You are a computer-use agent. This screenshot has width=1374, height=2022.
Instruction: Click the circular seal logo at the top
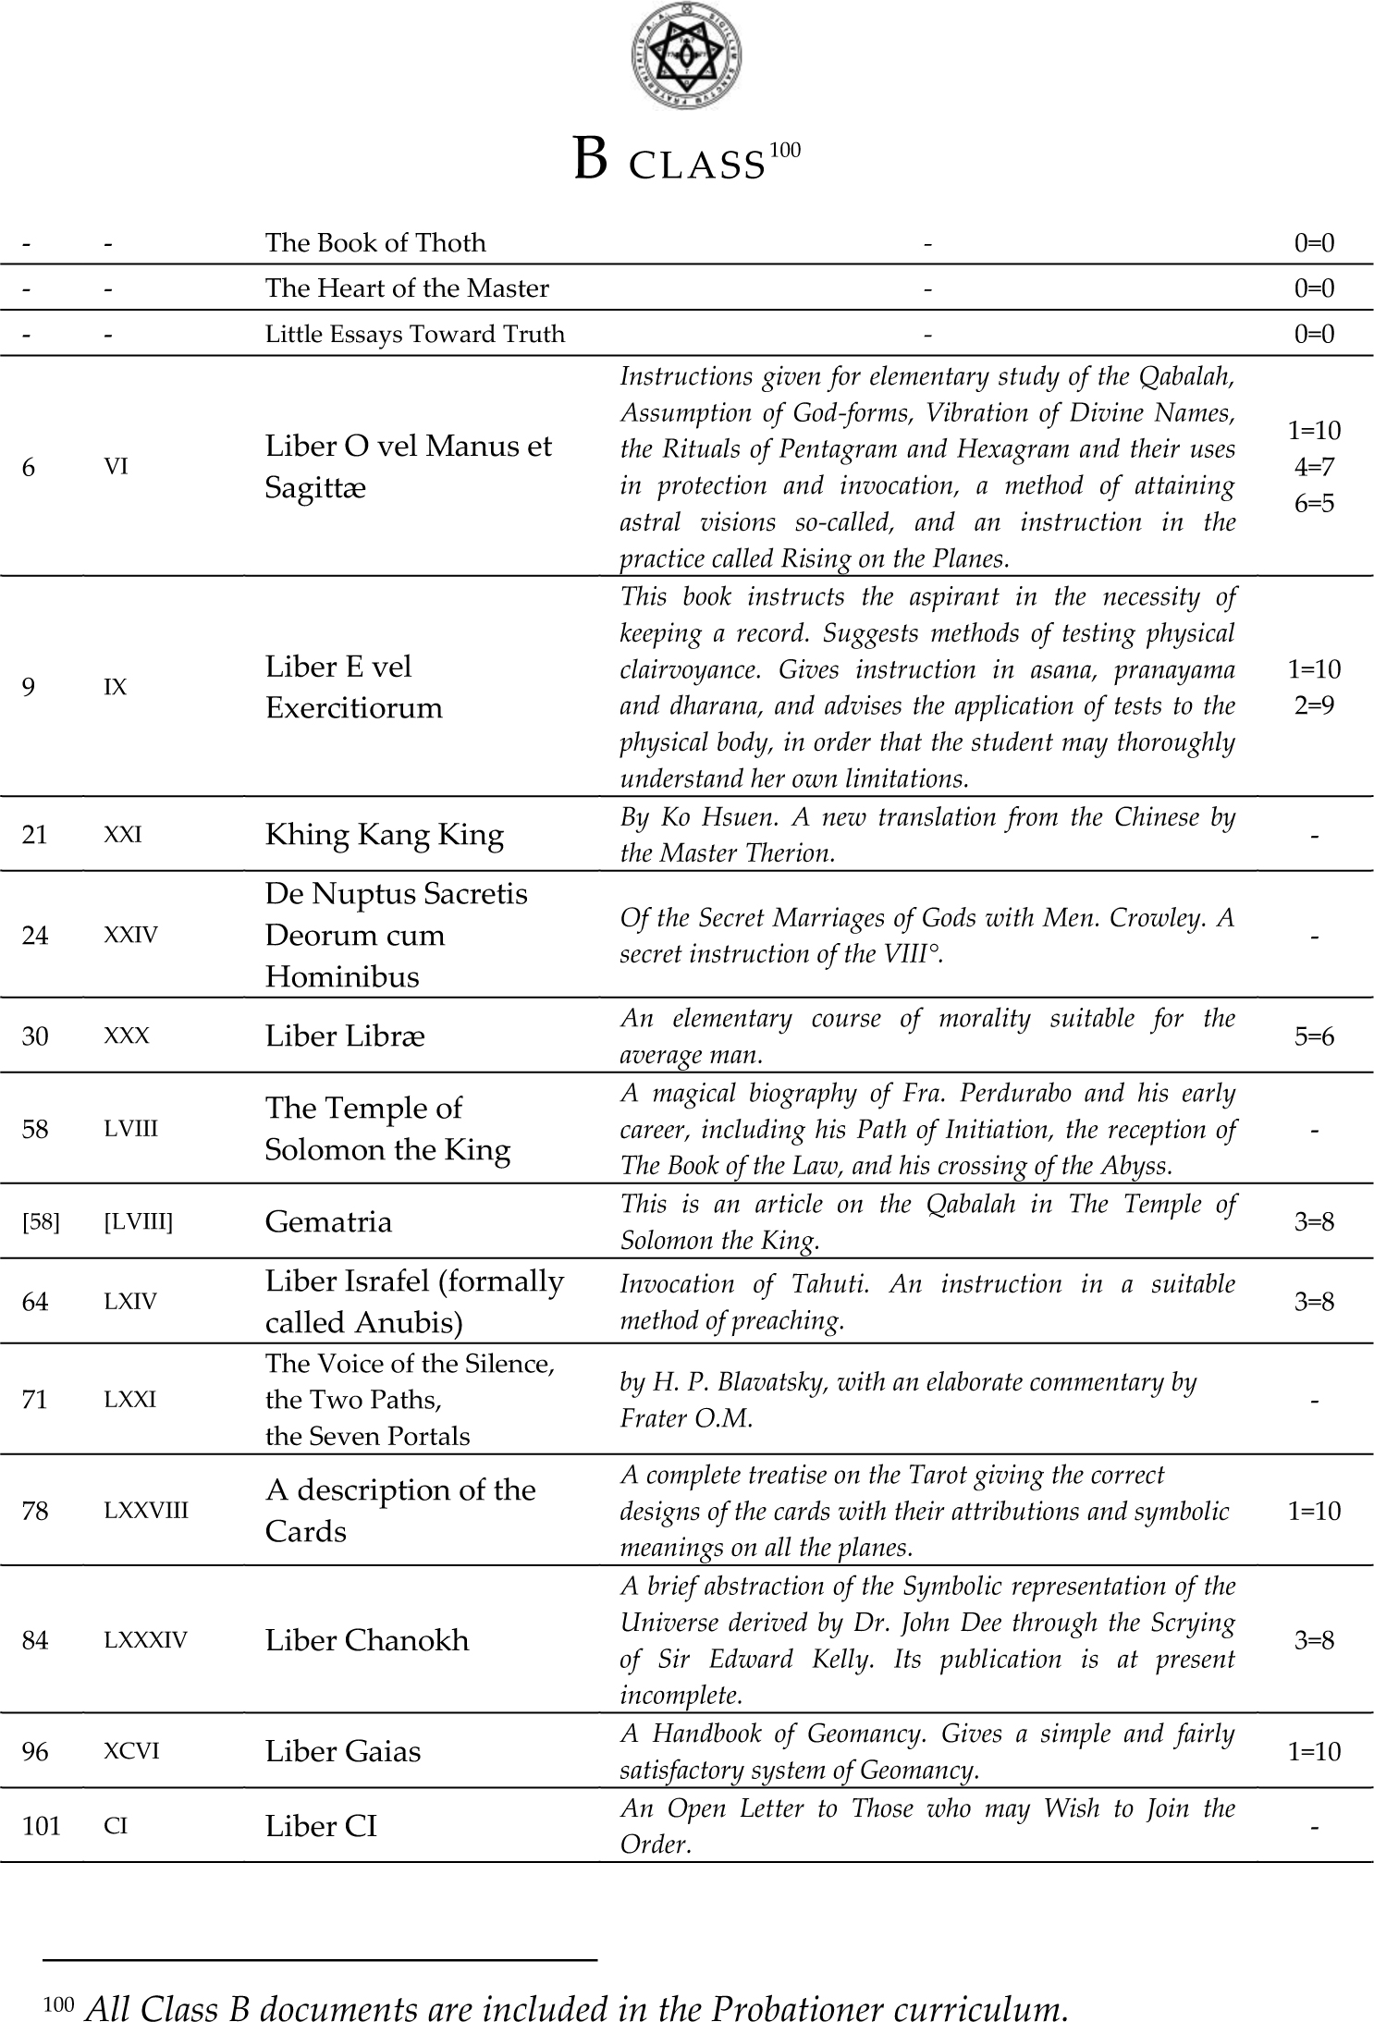(687, 56)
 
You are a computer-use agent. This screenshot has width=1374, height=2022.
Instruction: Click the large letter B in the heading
(590, 159)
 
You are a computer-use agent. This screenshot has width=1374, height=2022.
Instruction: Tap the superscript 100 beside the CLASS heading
(783, 149)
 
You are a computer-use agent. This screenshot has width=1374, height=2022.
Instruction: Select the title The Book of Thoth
(375, 242)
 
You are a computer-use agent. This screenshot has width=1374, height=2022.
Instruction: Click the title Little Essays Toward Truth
(415, 334)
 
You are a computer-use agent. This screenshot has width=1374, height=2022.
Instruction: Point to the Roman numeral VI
(116, 466)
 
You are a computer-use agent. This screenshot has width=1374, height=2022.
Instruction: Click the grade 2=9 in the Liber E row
(1314, 705)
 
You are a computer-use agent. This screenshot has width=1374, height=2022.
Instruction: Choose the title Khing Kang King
(385, 835)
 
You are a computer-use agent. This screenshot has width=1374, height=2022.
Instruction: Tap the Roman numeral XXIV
(131, 935)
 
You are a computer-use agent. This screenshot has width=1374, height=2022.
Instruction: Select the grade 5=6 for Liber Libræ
(1314, 1036)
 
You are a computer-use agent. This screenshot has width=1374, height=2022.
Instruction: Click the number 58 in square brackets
(41, 1222)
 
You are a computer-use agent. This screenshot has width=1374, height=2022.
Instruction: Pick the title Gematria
(328, 1222)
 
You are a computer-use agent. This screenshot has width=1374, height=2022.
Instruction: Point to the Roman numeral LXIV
(130, 1302)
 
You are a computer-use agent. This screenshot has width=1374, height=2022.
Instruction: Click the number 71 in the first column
(35, 1400)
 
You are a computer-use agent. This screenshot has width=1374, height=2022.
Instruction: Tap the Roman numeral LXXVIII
(146, 1511)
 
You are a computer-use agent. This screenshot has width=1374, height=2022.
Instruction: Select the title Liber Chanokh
(367, 1640)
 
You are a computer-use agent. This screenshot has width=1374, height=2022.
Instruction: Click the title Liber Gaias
(343, 1751)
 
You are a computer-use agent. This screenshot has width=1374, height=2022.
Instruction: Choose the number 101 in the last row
(41, 1826)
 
